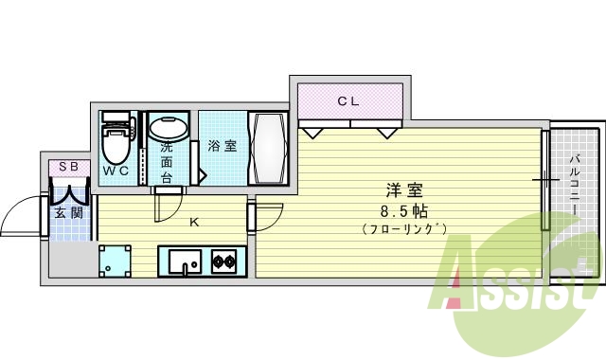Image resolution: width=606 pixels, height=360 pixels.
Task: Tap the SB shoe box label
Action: [x=68, y=167]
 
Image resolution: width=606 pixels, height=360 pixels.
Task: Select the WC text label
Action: [x=116, y=171]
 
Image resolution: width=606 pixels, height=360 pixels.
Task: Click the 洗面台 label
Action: [x=167, y=162]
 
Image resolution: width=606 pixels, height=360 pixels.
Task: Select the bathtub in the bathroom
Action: [x=266, y=149]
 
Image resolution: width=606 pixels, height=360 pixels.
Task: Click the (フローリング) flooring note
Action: [x=403, y=229]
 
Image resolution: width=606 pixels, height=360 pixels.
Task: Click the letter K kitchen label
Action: [x=194, y=224]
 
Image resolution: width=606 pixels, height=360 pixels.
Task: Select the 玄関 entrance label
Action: [x=67, y=213]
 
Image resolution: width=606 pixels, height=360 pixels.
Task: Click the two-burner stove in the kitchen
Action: [x=225, y=260]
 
